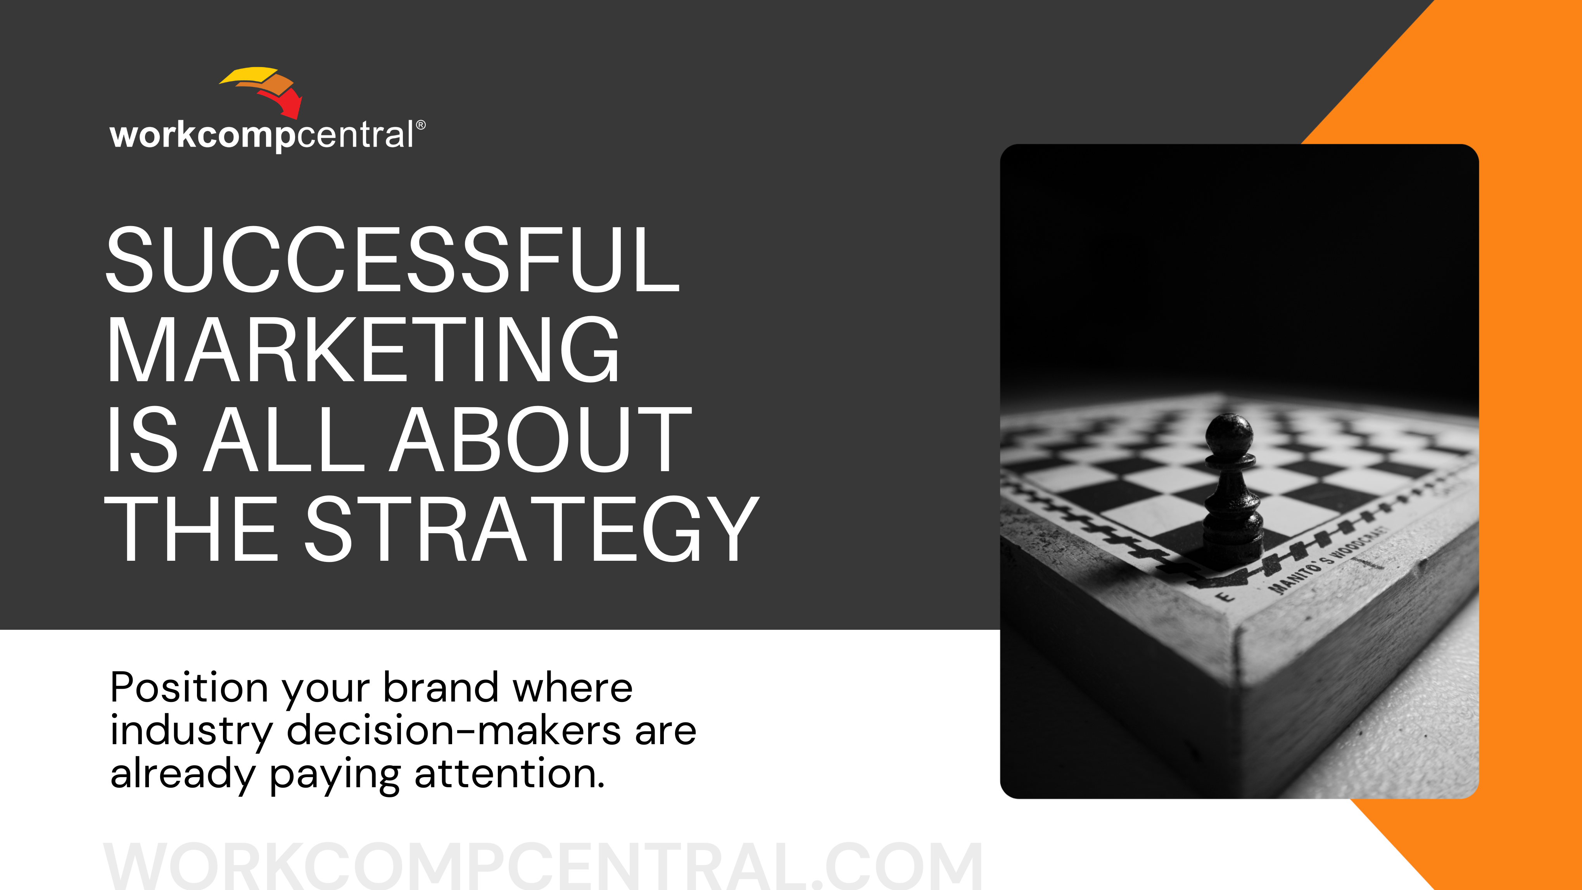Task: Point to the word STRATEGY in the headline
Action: click(532, 529)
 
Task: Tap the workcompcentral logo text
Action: click(262, 135)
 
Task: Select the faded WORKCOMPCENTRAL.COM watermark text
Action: click(543, 866)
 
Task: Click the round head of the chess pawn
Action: click(1229, 434)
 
